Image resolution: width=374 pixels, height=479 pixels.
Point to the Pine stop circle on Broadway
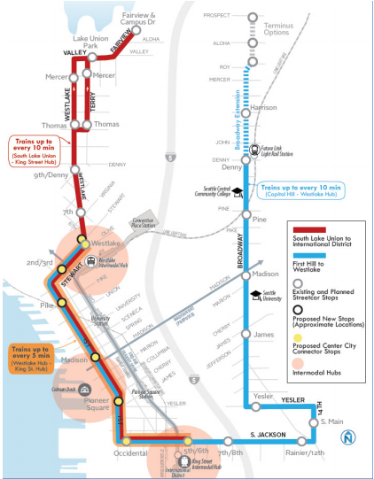point(248,218)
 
